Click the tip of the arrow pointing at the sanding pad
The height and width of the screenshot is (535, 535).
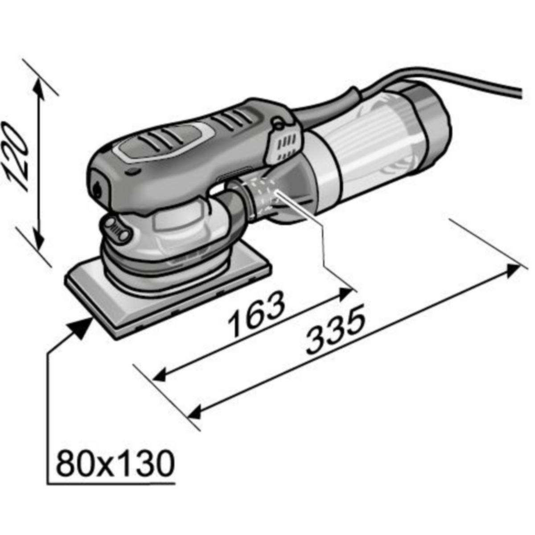92,317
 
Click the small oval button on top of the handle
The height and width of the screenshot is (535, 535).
132,172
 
